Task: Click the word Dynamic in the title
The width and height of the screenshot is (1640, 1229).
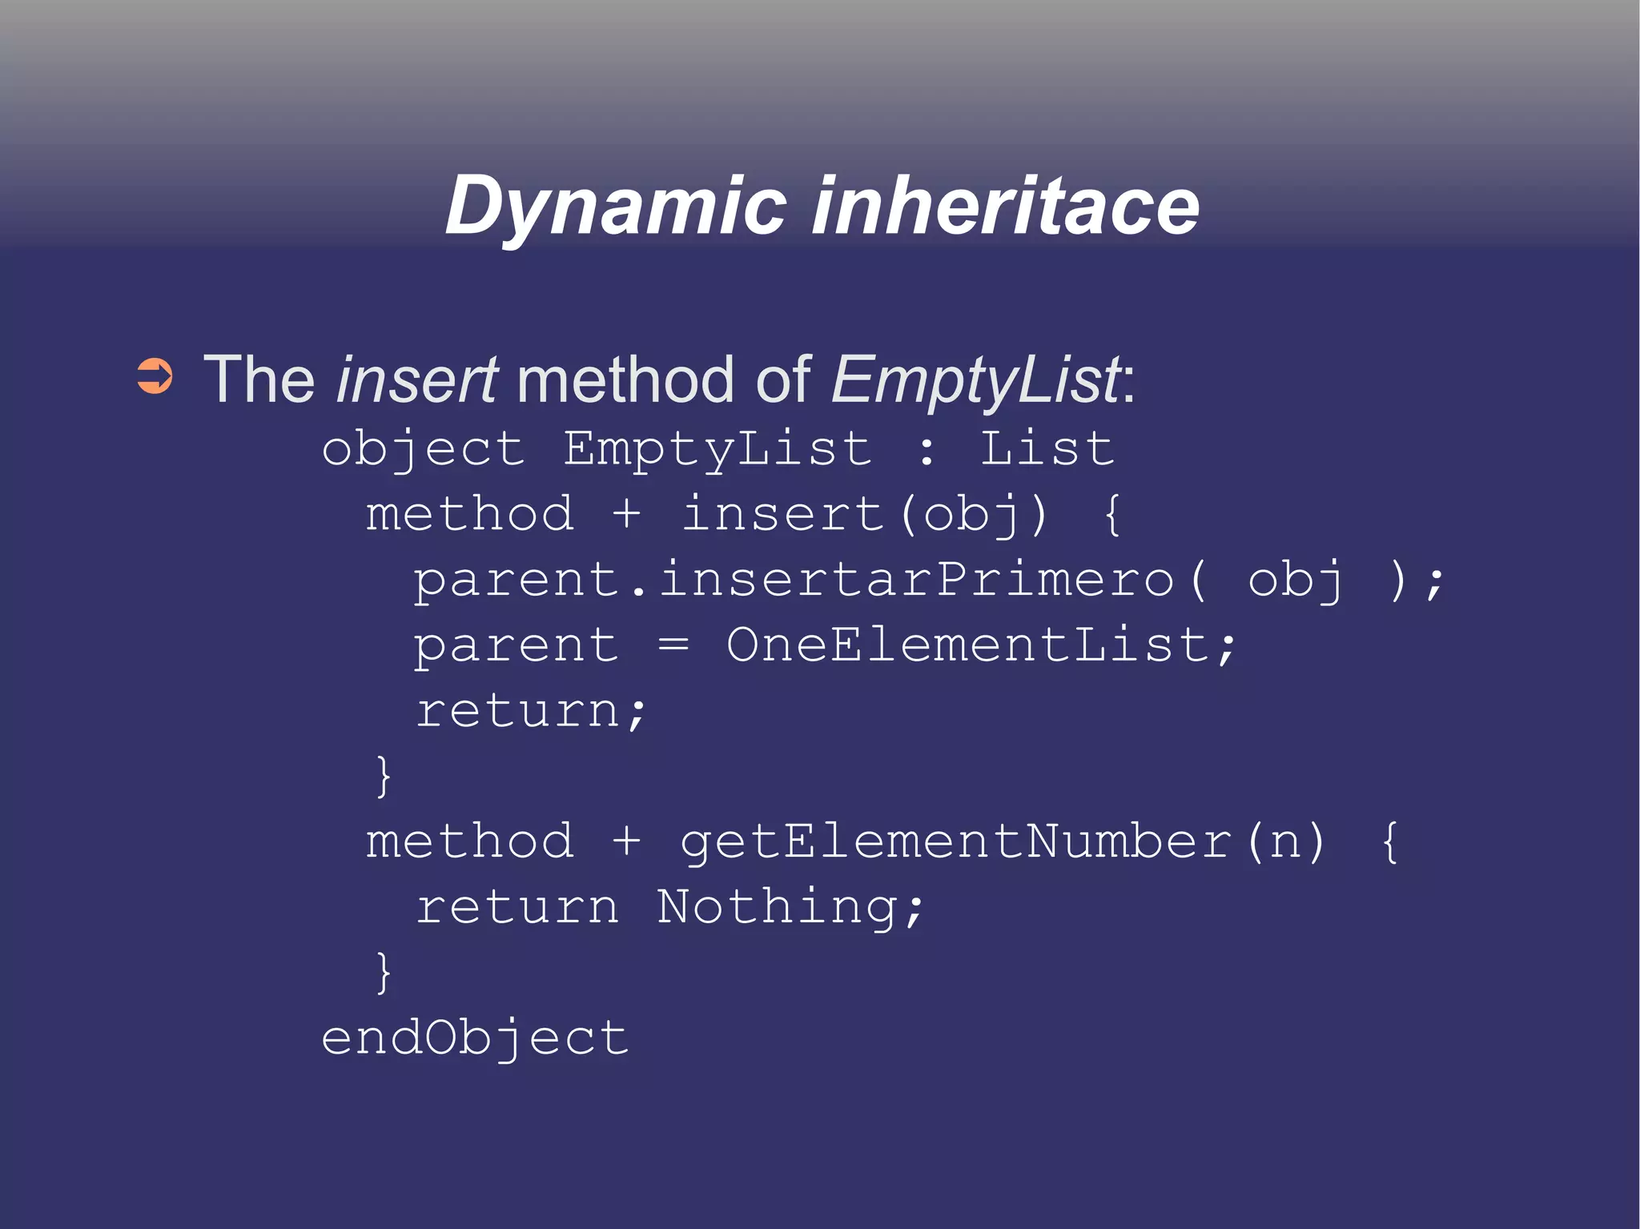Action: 615,207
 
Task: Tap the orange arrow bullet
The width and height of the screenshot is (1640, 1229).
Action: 155,376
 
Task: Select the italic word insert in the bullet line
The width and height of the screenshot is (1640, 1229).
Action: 416,379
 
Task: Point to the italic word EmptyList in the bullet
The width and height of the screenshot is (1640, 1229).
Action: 976,380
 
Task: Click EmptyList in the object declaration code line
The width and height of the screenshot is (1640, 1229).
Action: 717,448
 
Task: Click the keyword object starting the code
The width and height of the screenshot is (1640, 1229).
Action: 423,450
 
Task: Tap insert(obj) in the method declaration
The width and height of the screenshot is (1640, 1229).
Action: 864,514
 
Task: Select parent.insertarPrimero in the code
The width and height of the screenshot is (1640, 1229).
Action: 793,580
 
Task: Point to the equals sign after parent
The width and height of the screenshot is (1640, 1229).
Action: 673,645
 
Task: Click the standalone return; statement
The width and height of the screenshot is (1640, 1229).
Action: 530,710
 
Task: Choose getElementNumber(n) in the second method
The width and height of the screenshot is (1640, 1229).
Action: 1003,842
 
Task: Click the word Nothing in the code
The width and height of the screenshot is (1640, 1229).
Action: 777,908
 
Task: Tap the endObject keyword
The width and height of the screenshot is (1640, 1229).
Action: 475,1039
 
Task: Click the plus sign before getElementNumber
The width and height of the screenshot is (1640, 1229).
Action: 626,842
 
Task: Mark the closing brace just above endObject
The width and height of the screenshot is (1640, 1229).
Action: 384,972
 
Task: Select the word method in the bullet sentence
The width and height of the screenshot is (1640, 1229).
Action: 625,379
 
